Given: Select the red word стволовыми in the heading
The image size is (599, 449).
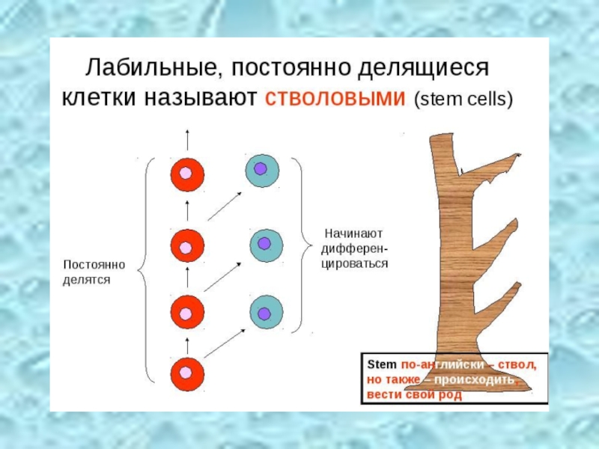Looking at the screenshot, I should point(335,99).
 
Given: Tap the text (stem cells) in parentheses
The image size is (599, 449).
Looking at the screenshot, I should point(463,100).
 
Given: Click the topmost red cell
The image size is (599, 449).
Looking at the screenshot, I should point(186,174).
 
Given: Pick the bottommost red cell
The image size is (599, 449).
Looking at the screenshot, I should point(186,372).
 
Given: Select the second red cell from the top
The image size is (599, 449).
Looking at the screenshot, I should point(186,245).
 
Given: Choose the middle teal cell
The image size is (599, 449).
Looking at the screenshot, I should point(264,244).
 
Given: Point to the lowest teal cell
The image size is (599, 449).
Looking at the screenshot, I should point(264,312).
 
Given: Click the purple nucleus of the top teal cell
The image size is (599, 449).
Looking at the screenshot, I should point(261,169).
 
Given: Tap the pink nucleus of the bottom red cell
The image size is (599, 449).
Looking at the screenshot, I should point(186,372).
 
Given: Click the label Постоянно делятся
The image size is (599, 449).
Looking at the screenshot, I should point(94,272).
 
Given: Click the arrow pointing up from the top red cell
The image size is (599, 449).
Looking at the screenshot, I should point(186,141).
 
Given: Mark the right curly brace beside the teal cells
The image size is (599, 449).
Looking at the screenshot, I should point(303,244).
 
